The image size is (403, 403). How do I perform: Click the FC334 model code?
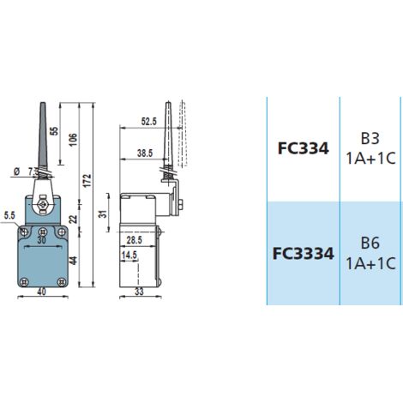tap(304, 149)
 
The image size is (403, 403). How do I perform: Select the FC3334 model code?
tap(304, 254)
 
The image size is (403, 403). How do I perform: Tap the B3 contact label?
tap(370, 139)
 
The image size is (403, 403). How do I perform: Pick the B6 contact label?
tap(370, 243)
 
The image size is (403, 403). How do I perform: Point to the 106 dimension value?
tap(74, 140)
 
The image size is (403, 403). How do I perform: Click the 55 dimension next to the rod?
tap(54, 131)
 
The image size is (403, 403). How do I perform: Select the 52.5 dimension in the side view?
tap(149, 122)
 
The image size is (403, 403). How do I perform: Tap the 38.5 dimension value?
tap(145, 153)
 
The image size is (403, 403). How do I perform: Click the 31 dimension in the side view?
tap(103, 214)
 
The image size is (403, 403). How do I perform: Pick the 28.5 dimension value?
tap(135, 240)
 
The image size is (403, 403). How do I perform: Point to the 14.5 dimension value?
tap(129, 255)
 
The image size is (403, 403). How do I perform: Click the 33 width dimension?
tap(139, 292)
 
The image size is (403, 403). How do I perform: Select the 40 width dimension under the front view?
tap(42, 292)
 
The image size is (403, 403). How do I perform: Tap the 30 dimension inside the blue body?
tap(41, 240)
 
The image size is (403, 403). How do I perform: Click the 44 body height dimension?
tap(74, 261)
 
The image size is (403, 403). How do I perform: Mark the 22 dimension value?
tap(74, 219)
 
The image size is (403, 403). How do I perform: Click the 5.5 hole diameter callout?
tap(9, 216)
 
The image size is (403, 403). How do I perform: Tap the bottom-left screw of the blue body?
tap(25, 282)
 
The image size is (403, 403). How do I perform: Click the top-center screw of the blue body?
tap(43, 231)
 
